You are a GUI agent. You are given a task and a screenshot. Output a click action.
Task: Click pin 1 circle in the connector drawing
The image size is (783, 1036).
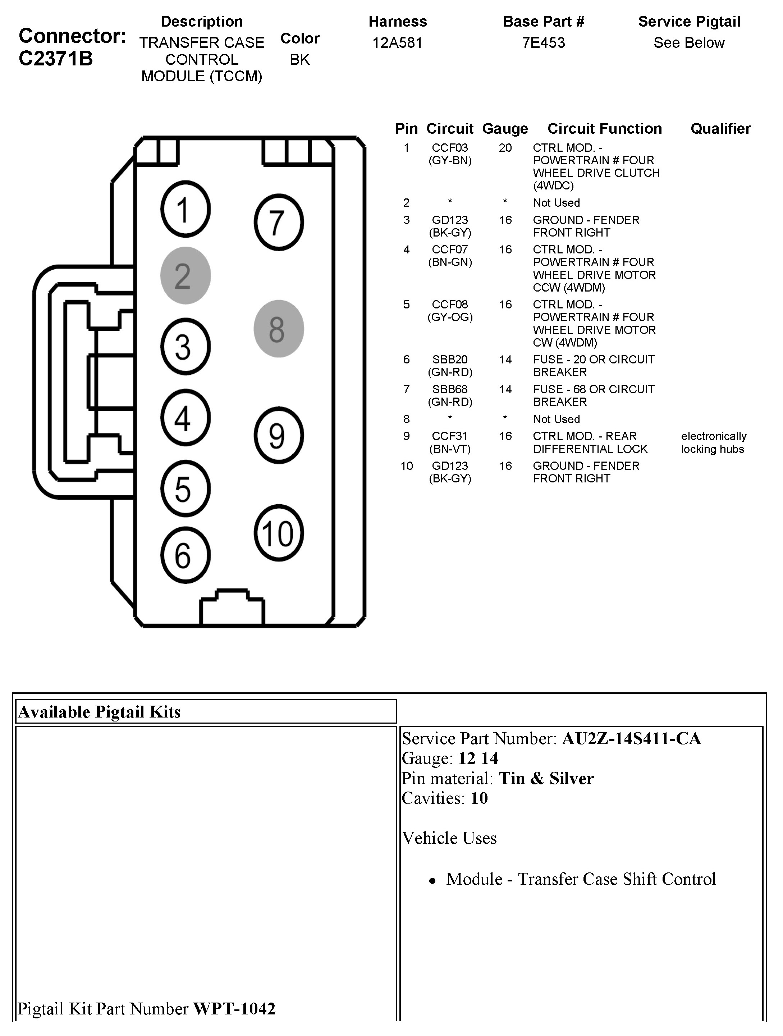point(185,209)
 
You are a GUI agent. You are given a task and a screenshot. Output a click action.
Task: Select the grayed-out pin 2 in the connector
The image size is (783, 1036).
point(185,275)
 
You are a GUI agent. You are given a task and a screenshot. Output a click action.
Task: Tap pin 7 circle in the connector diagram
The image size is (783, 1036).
point(279,223)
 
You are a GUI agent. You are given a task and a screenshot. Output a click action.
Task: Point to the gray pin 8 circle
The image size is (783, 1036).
point(279,329)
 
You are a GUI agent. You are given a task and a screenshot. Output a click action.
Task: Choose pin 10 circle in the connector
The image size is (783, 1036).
point(279,533)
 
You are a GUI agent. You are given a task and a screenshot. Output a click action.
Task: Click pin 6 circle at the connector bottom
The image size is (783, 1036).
point(185,555)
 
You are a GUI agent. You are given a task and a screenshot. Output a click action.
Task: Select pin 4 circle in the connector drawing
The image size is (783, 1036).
point(185,418)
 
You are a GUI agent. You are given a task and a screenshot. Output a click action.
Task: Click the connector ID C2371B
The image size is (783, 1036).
point(56,59)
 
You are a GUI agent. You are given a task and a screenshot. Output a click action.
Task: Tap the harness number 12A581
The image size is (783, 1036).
point(397,43)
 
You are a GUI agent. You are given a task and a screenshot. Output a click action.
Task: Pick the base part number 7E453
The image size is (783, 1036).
point(543,43)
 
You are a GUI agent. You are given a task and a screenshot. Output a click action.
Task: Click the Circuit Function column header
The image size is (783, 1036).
point(605,129)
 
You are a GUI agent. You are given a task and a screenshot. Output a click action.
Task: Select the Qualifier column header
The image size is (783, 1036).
point(720,129)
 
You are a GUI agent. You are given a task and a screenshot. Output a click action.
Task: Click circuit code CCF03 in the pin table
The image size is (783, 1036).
point(450,148)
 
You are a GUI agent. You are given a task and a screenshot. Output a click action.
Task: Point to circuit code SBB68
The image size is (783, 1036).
point(450,389)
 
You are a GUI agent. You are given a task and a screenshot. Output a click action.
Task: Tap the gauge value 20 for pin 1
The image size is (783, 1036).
point(505,148)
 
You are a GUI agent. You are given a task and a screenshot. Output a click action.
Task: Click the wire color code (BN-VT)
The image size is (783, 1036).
point(450,449)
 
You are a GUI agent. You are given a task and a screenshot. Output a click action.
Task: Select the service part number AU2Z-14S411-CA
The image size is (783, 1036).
point(631,739)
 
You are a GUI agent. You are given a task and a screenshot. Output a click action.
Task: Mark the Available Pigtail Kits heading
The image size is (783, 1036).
point(99,712)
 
